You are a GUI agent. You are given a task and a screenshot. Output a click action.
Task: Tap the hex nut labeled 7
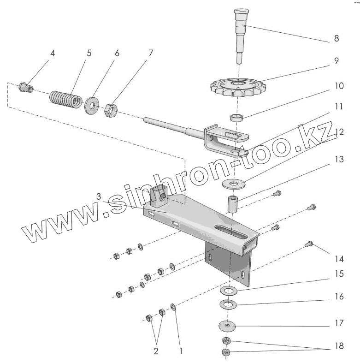[111, 110]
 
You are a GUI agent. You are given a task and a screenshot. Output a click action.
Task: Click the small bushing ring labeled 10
[236, 118]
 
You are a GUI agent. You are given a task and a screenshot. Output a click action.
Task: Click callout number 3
[98, 196]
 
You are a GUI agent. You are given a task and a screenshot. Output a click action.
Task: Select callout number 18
[339, 346]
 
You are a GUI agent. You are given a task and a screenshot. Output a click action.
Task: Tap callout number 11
[338, 106]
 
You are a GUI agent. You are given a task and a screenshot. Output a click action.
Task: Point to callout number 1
[181, 351]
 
